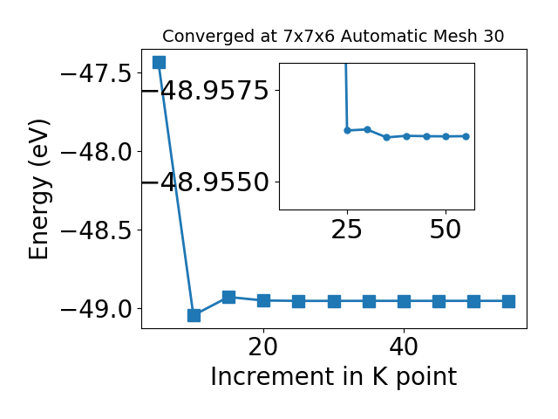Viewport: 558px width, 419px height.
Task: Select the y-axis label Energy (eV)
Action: pyautogui.click(x=39, y=189)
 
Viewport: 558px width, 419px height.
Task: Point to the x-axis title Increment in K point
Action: pyautogui.click(x=334, y=377)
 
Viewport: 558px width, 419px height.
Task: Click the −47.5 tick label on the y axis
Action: pyautogui.click(x=97, y=74)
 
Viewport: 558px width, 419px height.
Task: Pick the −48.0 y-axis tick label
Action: pyautogui.click(x=97, y=153)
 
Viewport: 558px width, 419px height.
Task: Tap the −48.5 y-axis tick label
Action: pyautogui.click(x=97, y=230)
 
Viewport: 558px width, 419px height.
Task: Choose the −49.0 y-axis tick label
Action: pyautogui.click(x=97, y=309)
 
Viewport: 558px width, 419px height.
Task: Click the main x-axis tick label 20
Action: pyautogui.click(x=263, y=347)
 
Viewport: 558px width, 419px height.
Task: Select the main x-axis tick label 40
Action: pyautogui.click(x=404, y=347)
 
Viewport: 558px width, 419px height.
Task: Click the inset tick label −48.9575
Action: pyautogui.click(x=206, y=91)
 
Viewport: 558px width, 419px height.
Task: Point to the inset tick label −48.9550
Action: pyautogui.click(x=206, y=182)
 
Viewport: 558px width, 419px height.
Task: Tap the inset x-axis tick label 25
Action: pyautogui.click(x=347, y=230)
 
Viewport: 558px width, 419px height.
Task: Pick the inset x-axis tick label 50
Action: pyautogui.click(x=446, y=230)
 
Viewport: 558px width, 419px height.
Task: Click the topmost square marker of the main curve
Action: pyautogui.click(x=159, y=62)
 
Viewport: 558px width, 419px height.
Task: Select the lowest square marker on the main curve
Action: pyautogui.click(x=194, y=315)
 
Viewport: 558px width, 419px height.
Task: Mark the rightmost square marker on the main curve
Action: pyautogui.click(x=509, y=301)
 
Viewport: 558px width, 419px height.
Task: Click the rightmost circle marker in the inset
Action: pyautogui.click(x=466, y=136)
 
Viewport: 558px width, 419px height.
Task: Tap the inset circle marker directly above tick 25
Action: pyautogui.click(x=347, y=130)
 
